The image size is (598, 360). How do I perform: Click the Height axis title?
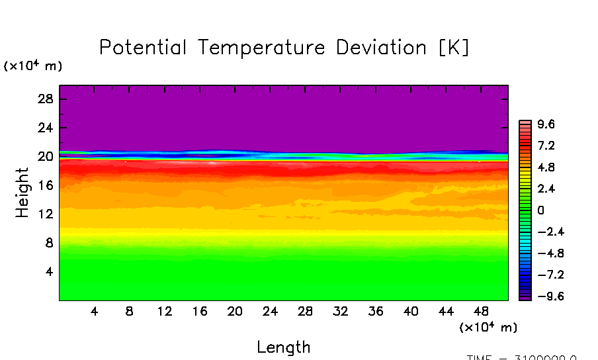[22, 193]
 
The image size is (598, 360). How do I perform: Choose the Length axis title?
[283, 347]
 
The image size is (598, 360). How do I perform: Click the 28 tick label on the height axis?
[46, 99]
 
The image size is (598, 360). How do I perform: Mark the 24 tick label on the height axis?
[46, 128]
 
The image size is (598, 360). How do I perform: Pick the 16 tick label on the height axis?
[46, 185]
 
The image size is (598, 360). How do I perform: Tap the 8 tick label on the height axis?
[50, 243]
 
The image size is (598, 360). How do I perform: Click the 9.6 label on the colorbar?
[546, 124]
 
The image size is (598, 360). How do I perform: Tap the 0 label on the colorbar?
[540, 210]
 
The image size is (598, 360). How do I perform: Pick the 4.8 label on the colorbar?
[546, 167]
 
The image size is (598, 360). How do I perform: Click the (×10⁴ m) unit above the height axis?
[33, 66]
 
